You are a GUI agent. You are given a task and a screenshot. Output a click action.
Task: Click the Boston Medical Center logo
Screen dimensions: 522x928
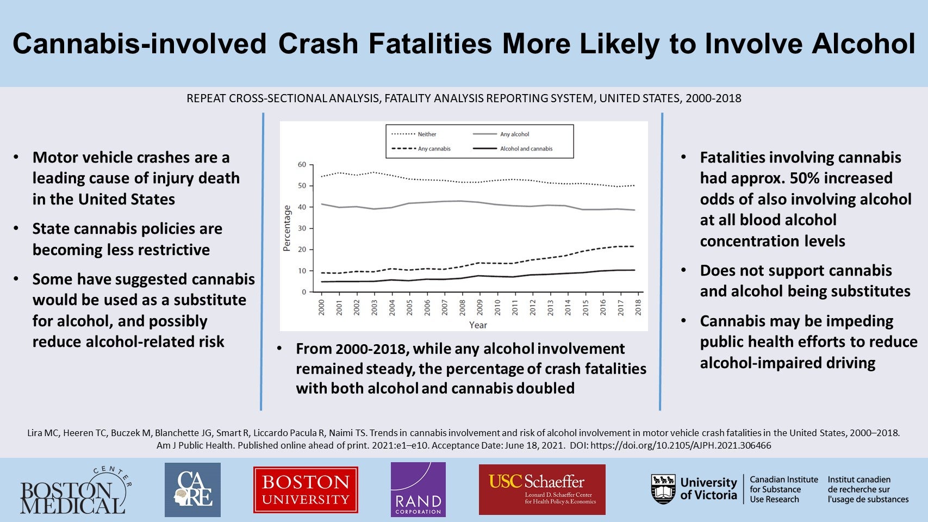[75, 491]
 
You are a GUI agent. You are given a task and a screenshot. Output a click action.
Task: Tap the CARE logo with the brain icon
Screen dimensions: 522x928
[192, 490]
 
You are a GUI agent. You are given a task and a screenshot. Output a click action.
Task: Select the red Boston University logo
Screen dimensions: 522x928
[306, 490]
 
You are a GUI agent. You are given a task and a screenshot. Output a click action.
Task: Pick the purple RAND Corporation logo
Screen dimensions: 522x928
[418, 490]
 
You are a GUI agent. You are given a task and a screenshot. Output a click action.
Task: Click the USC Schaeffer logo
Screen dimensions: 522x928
[542, 489]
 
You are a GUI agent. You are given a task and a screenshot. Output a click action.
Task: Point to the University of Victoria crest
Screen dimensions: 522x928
[663, 489]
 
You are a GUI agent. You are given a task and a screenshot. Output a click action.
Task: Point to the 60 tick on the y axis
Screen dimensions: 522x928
[302, 165]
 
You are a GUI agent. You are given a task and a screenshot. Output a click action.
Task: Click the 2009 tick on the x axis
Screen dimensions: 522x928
[480, 307]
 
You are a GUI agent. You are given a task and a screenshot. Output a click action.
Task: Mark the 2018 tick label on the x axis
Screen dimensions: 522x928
[638, 307]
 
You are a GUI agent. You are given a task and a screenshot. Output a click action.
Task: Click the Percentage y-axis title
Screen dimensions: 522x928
[287, 228]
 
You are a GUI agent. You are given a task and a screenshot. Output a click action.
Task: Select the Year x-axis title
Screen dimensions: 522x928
[478, 325]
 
